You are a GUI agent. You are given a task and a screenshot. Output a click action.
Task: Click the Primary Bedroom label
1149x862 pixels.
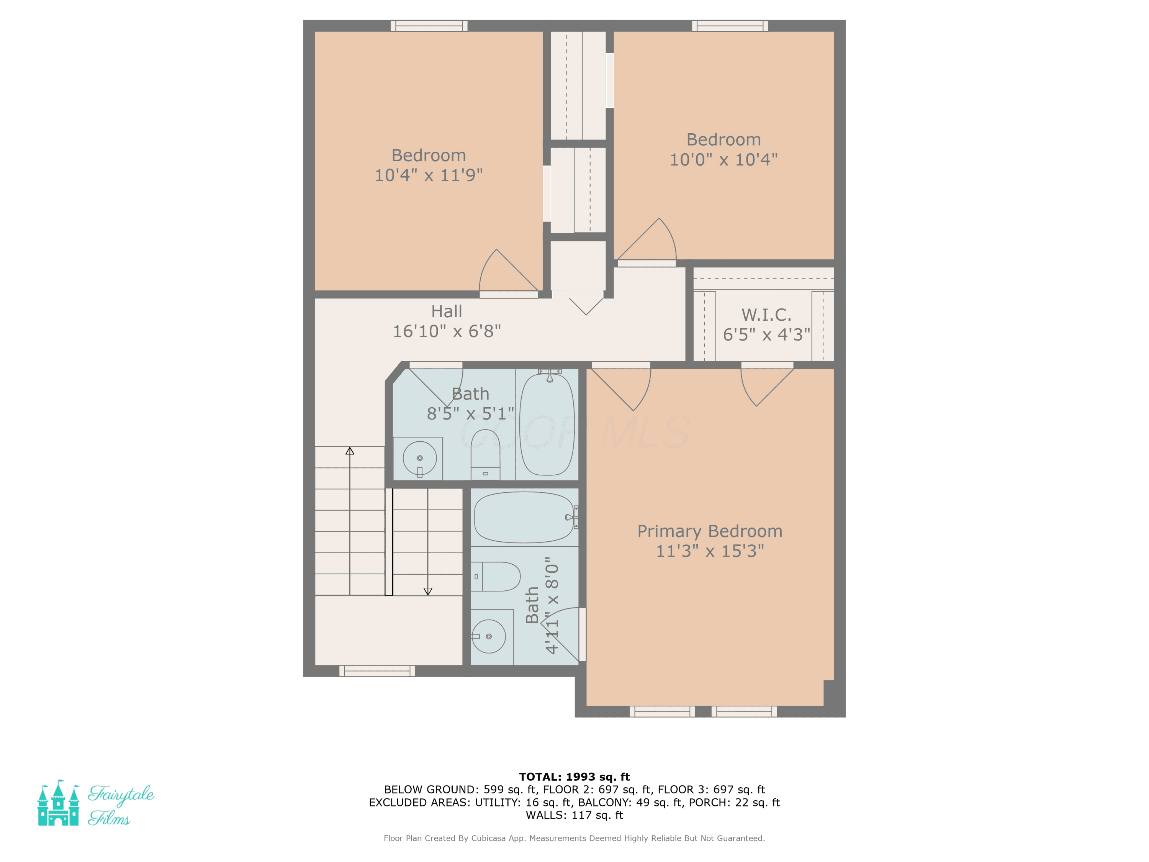point(710,531)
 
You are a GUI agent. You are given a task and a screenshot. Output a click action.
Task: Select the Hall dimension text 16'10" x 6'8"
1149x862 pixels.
point(447,331)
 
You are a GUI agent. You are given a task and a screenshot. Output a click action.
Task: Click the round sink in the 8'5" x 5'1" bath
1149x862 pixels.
point(420,458)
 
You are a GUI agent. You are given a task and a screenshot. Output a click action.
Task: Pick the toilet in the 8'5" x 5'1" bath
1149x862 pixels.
point(485,455)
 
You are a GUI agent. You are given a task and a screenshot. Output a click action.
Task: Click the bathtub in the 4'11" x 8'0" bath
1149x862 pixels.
point(525,518)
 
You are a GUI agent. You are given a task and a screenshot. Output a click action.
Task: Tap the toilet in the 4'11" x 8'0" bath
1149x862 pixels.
point(496,577)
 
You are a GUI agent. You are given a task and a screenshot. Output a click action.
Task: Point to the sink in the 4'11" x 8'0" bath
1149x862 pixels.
point(488,636)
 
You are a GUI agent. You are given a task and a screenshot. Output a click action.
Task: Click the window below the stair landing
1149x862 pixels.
point(377,671)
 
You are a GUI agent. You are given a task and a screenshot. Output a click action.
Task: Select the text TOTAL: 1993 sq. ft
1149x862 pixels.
point(574,777)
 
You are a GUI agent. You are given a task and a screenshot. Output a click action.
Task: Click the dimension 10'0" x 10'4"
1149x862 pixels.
point(723,159)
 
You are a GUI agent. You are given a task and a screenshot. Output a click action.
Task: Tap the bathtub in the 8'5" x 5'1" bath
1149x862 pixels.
point(547,424)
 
